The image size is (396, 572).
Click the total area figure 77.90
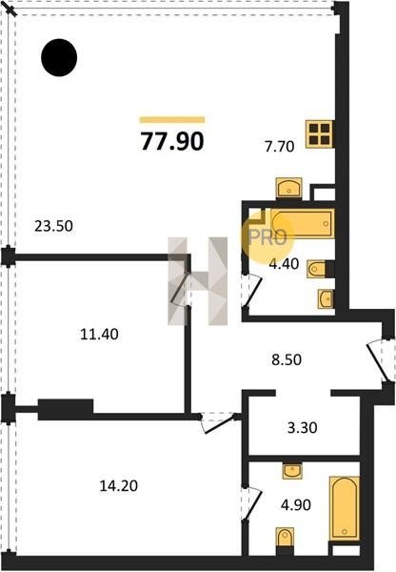(172, 141)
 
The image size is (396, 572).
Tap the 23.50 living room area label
(53, 226)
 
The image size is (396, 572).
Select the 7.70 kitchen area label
(280, 147)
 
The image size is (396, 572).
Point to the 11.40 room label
(99, 335)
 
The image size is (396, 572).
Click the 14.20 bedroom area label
(118, 486)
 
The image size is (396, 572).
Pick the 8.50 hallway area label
(287, 359)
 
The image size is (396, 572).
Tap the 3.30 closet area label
(302, 427)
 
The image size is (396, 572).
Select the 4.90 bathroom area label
(296, 505)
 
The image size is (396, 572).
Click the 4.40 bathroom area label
(284, 263)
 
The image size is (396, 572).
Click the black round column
(59, 57)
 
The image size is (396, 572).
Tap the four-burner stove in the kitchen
(320, 133)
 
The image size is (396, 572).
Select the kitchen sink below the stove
(288, 188)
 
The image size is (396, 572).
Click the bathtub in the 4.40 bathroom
(303, 223)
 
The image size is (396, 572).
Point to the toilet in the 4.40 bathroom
(316, 269)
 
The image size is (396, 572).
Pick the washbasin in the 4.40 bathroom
(326, 298)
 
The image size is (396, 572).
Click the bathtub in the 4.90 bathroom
(345, 508)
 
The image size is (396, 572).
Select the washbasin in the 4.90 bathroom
(292, 471)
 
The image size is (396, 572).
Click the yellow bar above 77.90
(172, 120)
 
